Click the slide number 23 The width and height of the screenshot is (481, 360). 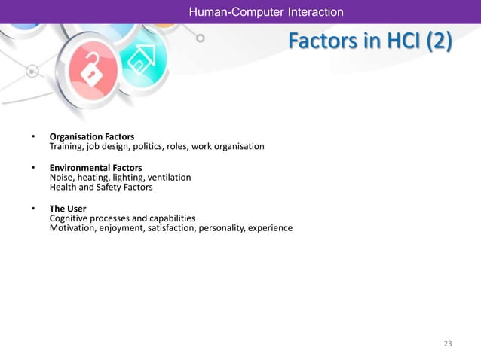point(448,343)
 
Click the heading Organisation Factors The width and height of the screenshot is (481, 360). point(92,136)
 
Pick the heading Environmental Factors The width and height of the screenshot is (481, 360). point(96,167)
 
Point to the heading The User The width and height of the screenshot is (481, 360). point(68,208)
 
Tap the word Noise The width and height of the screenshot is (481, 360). point(63,177)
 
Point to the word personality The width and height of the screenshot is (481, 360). point(218,228)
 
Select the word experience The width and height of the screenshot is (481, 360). point(269,228)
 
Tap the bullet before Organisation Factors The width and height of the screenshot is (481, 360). point(33,137)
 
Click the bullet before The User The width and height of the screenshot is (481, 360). point(33,209)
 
